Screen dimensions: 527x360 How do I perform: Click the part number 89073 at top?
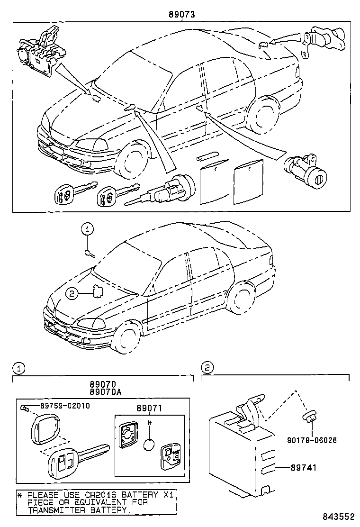click(182, 15)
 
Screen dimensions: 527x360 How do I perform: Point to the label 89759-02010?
click(65, 406)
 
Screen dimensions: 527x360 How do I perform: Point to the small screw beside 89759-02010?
click(26, 407)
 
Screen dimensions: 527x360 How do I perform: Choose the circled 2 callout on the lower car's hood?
click(72, 294)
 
